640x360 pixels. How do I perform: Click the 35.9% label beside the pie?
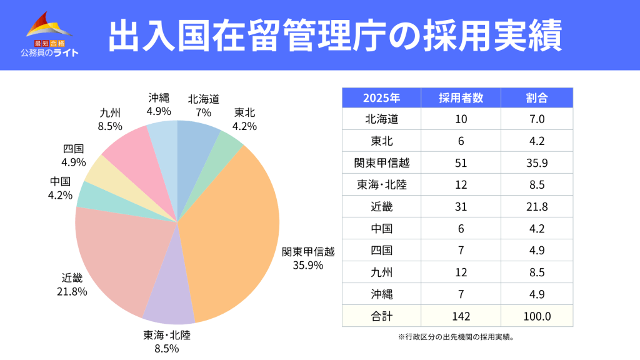click(x=308, y=265)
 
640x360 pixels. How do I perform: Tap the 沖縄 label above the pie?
click(x=159, y=98)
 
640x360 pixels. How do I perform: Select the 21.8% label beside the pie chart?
click(x=72, y=291)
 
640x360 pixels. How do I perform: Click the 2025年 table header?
click(x=381, y=98)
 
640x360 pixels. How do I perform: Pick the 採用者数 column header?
click(x=461, y=98)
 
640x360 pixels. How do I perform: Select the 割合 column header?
click(x=536, y=98)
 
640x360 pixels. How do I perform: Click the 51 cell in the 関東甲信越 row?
click(x=461, y=163)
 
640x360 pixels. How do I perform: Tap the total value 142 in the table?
click(x=461, y=316)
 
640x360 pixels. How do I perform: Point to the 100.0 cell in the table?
click(x=536, y=316)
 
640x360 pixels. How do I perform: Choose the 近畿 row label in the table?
click(x=381, y=207)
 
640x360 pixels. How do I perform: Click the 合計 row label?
click(x=381, y=316)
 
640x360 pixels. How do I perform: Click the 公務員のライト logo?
click(x=49, y=34)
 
